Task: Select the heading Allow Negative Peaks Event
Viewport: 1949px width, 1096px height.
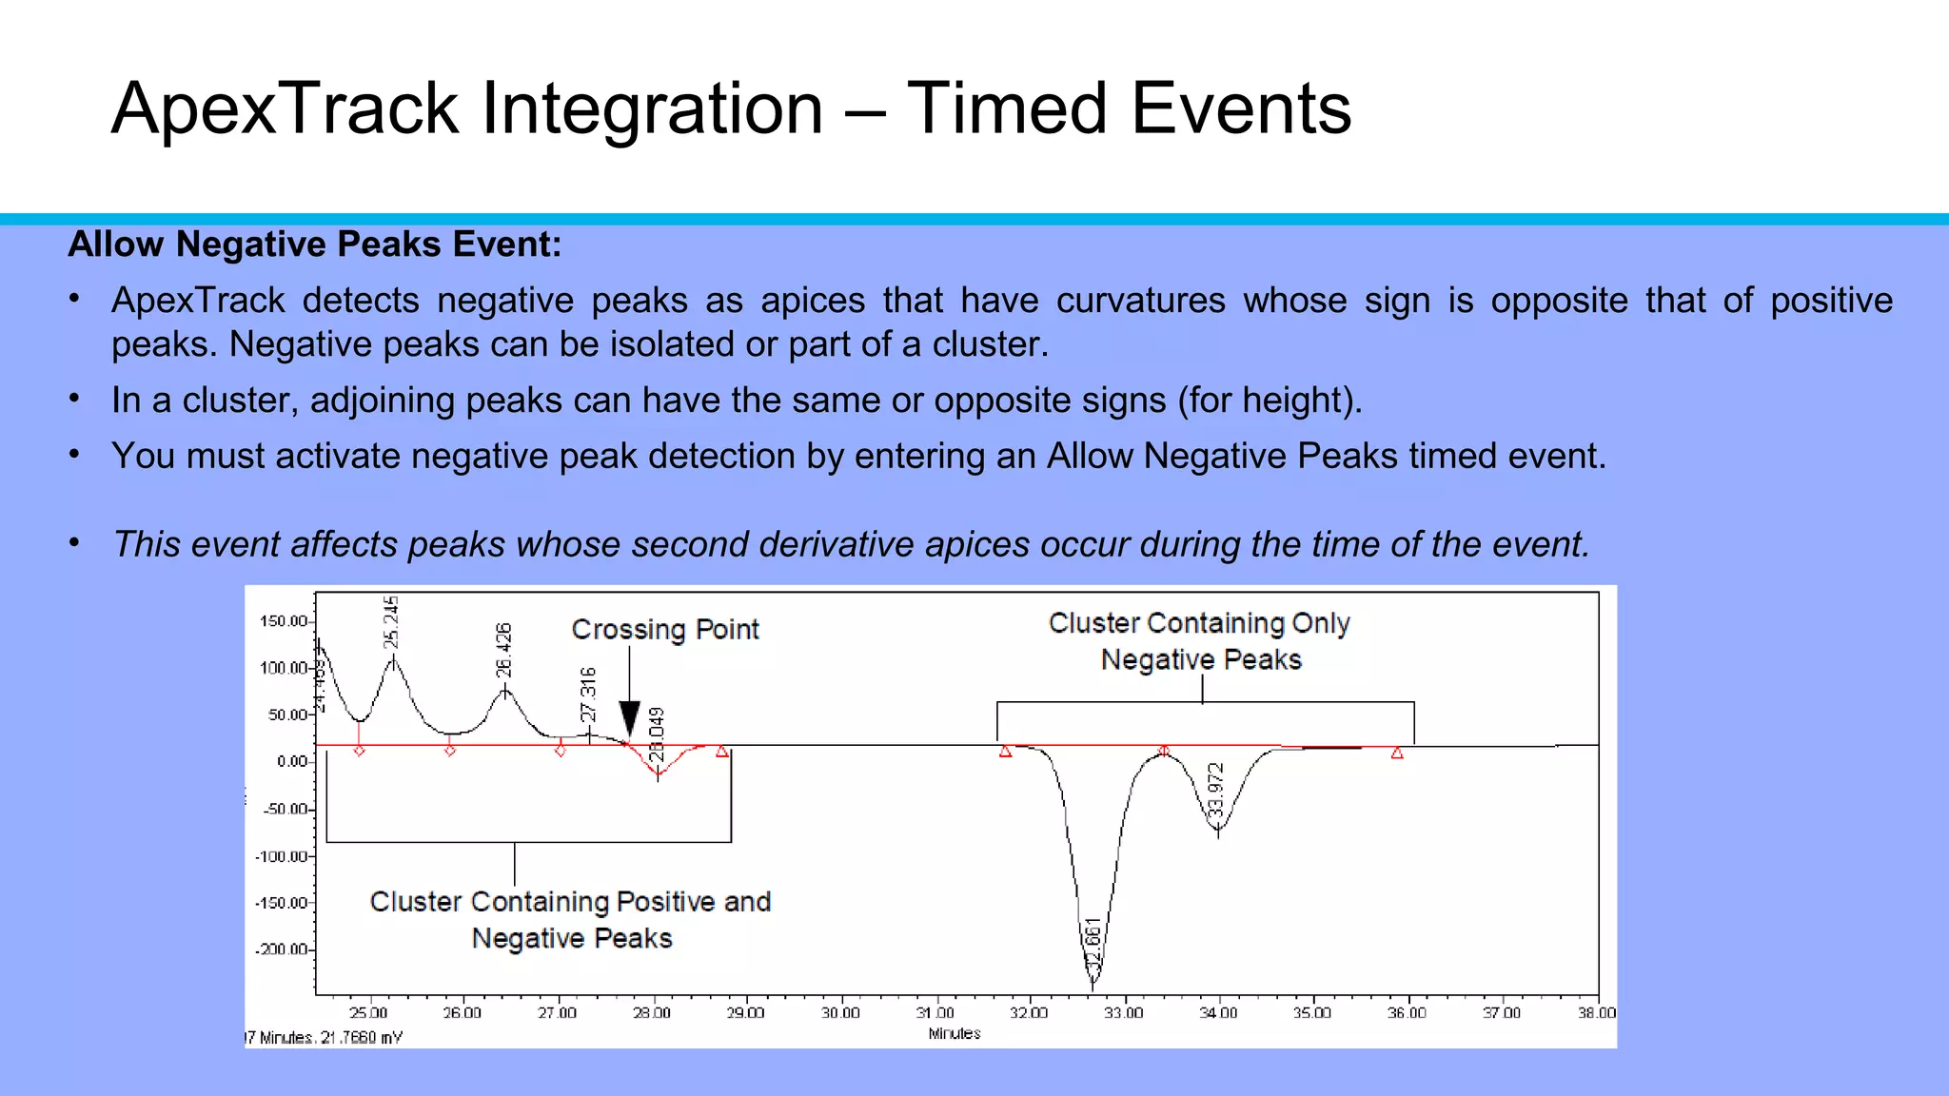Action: click(x=314, y=245)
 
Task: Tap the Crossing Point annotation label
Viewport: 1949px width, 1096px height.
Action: click(x=664, y=630)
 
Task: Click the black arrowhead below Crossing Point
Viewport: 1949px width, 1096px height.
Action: click(x=629, y=718)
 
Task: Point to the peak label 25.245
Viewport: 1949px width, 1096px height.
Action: click(x=391, y=622)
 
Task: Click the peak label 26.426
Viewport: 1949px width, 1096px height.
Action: click(x=503, y=650)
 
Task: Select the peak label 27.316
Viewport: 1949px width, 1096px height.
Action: click(x=588, y=695)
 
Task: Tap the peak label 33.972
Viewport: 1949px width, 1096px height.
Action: click(x=1214, y=791)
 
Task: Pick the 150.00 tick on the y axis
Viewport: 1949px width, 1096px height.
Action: click(x=285, y=621)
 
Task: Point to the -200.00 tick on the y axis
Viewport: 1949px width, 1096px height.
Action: click(x=283, y=949)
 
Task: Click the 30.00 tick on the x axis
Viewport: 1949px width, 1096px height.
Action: click(x=840, y=1013)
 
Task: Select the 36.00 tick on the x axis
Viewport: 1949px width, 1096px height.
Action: click(x=1407, y=1013)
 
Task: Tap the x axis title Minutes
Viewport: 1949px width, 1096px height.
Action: click(x=955, y=1033)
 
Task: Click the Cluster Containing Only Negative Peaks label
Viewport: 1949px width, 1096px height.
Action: click(x=1200, y=641)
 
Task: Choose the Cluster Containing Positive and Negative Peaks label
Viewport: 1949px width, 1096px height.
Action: click(x=570, y=919)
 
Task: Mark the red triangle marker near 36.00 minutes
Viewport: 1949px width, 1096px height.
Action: click(x=1397, y=753)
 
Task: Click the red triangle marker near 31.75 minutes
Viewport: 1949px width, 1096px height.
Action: click(x=1006, y=752)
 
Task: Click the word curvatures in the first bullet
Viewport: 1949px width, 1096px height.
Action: click(x=1140, y=301)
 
